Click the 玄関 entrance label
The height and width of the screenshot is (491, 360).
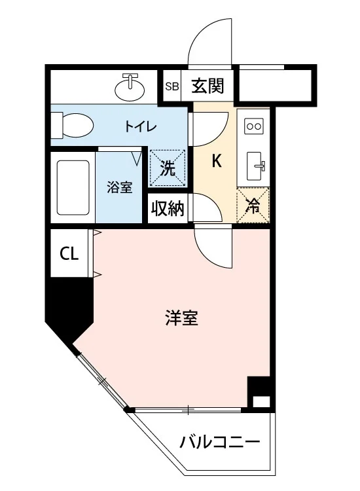207,86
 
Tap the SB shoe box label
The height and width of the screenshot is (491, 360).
172,86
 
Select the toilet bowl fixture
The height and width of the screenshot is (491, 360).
73,125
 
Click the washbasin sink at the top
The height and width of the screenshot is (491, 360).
130,88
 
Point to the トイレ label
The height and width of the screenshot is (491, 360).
140,126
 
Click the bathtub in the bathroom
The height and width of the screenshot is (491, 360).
73,188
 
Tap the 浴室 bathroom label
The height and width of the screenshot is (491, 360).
120,187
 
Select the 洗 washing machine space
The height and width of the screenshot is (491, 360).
168,168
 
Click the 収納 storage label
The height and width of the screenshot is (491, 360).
168,208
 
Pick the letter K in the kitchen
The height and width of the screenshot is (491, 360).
217,161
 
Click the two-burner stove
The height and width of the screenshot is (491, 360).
253,126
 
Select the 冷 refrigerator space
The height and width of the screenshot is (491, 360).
253,205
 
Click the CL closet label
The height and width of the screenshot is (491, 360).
69,253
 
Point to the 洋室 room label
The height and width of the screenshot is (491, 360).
181,318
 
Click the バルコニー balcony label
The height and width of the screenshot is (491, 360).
220,442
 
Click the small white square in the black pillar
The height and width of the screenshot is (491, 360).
261,401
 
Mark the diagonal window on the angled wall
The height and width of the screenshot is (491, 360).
101,379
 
